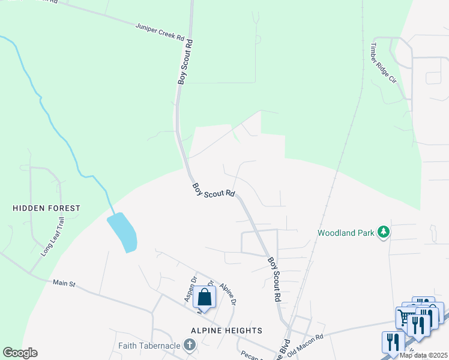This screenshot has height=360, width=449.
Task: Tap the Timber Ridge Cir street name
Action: click(383, 63)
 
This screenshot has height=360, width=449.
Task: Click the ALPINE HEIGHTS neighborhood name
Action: click(226, 331)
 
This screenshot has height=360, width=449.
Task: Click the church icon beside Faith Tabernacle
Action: click(190, 344)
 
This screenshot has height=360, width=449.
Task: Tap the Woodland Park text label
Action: click(345, 232)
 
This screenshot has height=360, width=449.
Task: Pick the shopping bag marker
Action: click(204, 298)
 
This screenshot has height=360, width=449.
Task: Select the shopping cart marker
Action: click(403, 316)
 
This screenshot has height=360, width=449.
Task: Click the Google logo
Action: click(20, 353)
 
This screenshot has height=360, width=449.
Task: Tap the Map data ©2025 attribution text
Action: click(424, 355)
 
